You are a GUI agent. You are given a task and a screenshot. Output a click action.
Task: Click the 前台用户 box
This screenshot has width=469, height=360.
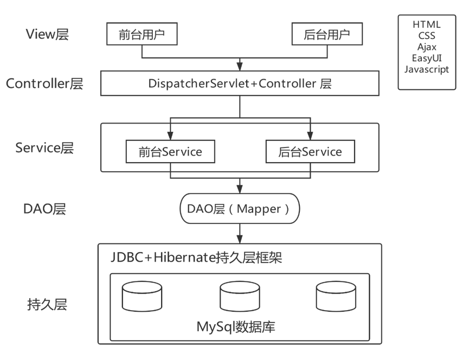142,35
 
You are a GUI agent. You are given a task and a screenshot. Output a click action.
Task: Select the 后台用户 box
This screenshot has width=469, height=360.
327,35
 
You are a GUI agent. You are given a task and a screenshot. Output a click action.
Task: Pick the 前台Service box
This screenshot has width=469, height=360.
170,152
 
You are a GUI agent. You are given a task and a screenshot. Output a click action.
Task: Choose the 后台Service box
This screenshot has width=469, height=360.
310,152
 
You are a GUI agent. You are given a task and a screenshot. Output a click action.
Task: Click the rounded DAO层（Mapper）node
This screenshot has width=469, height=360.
239,208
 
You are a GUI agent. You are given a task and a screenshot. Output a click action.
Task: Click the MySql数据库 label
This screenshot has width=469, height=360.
239,327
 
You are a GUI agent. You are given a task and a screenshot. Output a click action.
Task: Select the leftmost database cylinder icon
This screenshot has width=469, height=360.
142,295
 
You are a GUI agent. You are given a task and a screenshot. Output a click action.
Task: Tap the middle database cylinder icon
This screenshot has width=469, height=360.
239,295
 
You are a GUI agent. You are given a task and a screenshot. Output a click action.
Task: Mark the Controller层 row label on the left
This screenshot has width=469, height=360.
44,84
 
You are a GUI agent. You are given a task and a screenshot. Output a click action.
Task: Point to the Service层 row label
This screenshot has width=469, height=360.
44,147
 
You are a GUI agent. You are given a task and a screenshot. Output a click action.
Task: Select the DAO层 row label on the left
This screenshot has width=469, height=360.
44,209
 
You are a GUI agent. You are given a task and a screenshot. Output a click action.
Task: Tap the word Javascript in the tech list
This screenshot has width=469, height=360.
427,69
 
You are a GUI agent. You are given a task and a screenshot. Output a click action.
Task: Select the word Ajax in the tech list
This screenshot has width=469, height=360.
427,47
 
